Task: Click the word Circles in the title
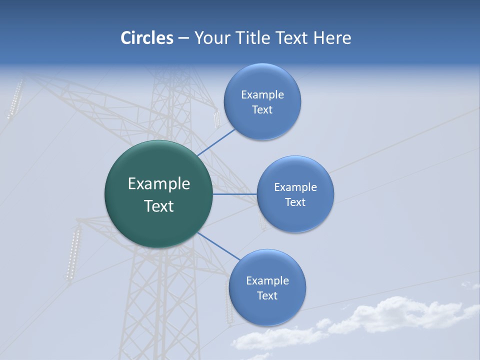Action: click(147, 37)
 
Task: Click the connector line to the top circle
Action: click(215, 142)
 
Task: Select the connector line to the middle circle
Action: click(234, 194)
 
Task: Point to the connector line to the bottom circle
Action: click(217, 246)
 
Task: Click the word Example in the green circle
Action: click(158, 184)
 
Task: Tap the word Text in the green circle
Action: click(158, 206)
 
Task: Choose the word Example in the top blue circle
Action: click(262, 94)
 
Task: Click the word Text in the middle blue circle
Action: click(295, 202)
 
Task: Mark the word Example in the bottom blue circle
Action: click(267, 280)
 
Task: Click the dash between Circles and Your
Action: click(183, 38)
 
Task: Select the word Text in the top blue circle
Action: click(262, 110)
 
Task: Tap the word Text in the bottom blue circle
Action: click(267, 296)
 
